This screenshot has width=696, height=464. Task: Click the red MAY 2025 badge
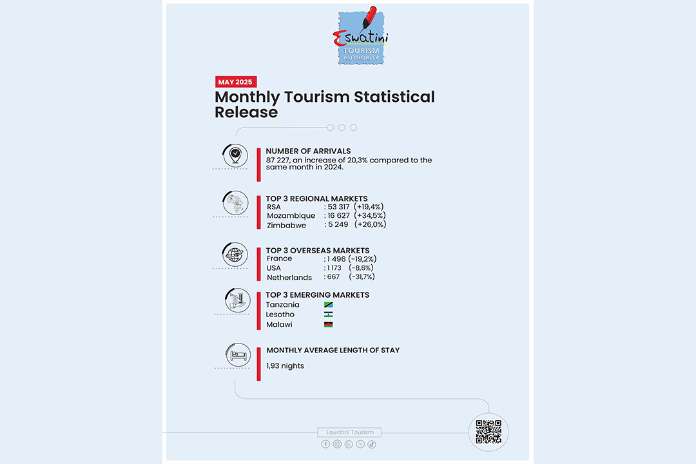pos(236,82)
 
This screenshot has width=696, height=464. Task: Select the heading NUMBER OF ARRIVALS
pos(308,151)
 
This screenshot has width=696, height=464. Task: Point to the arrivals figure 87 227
pos(278,160)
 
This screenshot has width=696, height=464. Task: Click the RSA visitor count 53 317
pos(339,207)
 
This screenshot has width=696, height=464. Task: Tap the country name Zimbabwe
pos(287,226)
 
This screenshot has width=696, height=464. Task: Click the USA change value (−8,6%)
pos(361,268)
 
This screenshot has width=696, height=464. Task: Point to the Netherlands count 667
pos(333,277)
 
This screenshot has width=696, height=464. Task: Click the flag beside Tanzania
pos(329,305)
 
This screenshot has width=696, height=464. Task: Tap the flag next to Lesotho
pos(329,314)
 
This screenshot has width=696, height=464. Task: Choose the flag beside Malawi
pos(329,325)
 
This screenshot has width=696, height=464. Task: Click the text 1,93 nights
pos(285,366)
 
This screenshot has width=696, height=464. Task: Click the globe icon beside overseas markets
pos(234,253)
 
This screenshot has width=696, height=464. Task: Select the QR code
pos(488,432)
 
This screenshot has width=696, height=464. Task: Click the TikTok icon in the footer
pos(372,444)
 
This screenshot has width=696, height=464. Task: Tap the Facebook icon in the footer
pos(325,444)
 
